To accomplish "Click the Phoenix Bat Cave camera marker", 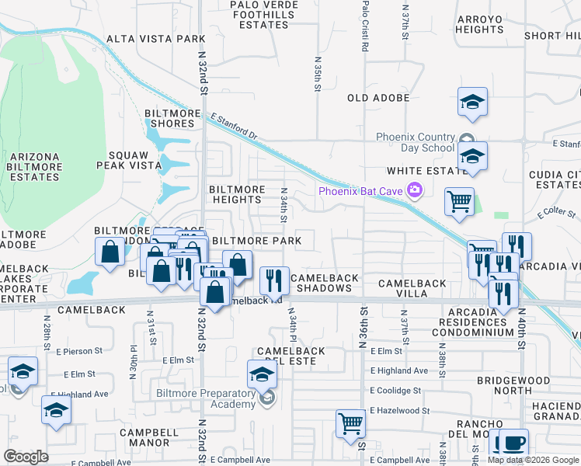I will pyautogui.click(x=415, y=190).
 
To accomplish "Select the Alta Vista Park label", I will pyautogui.click(x=155, y=38).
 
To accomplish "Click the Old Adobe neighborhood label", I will pyautogui.click(x=378, y=98).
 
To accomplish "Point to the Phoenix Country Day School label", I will pyautogui.click(x=415, y=142).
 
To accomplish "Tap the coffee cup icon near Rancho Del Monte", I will pyautogui.click(x=510, y=443).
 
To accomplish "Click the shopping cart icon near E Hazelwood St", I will pyautogui.click(x=350, y=423).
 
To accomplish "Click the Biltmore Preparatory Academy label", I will pyautogui.click(x=205, y=398).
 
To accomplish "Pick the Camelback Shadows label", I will pyautogui.click(x=325, y=283).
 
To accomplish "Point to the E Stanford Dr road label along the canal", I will pyautogui.click(x=234, y=125).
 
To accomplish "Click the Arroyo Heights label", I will pyautogui.click(x=480, y=24).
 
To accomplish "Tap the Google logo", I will pyautogui.click(x=26, y=457).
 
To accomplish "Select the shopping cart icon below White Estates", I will pyautogui.click(x=459, y=201).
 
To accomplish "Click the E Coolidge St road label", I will pyautogui.click(x=396, y=391).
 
